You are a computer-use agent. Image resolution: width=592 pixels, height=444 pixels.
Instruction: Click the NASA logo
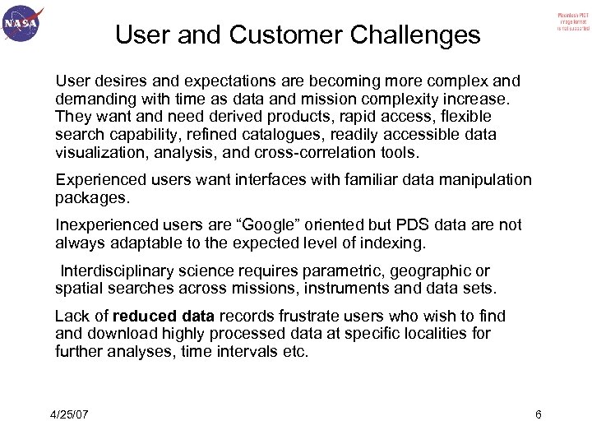(x=22, y=25)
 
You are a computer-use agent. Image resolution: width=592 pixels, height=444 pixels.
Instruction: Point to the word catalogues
(x=284, y=134)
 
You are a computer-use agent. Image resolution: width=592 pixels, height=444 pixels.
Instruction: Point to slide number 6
(x=538, y=414)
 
